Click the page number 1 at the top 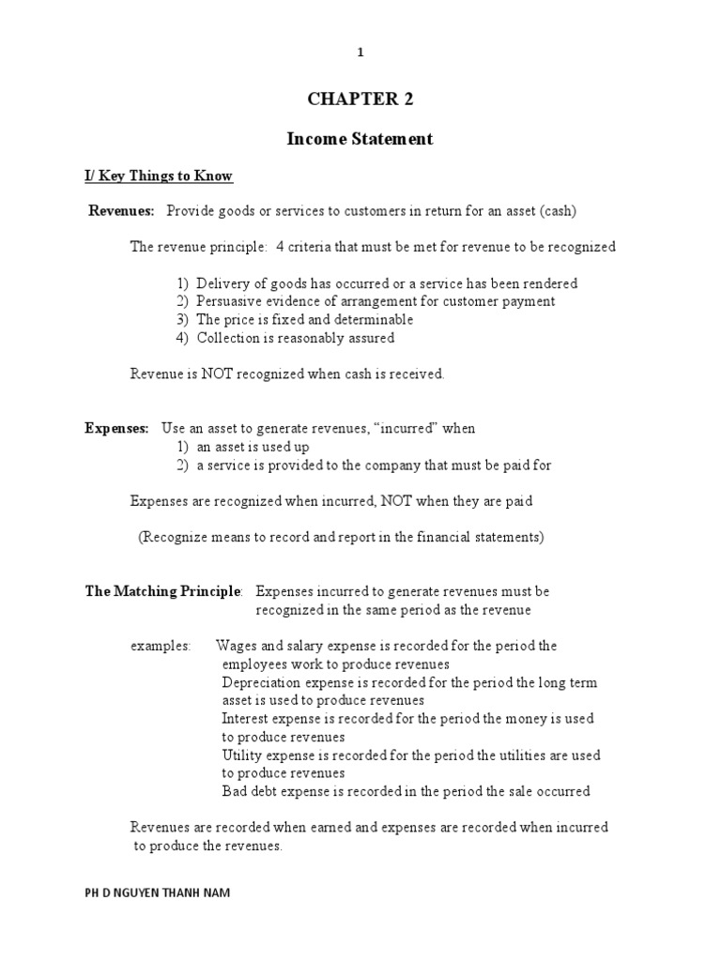(360, 53)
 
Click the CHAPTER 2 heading (360, 100)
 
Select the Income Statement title (360, 139)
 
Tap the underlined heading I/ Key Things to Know (159, 176)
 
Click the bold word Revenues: (122, 211)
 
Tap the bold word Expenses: (117, 429)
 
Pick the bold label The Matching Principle (163, 592)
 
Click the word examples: (160, 647)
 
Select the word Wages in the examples (237, 647)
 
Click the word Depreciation (262, 683)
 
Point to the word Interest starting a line (246, 719)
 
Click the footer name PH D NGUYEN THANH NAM (157, 893)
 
